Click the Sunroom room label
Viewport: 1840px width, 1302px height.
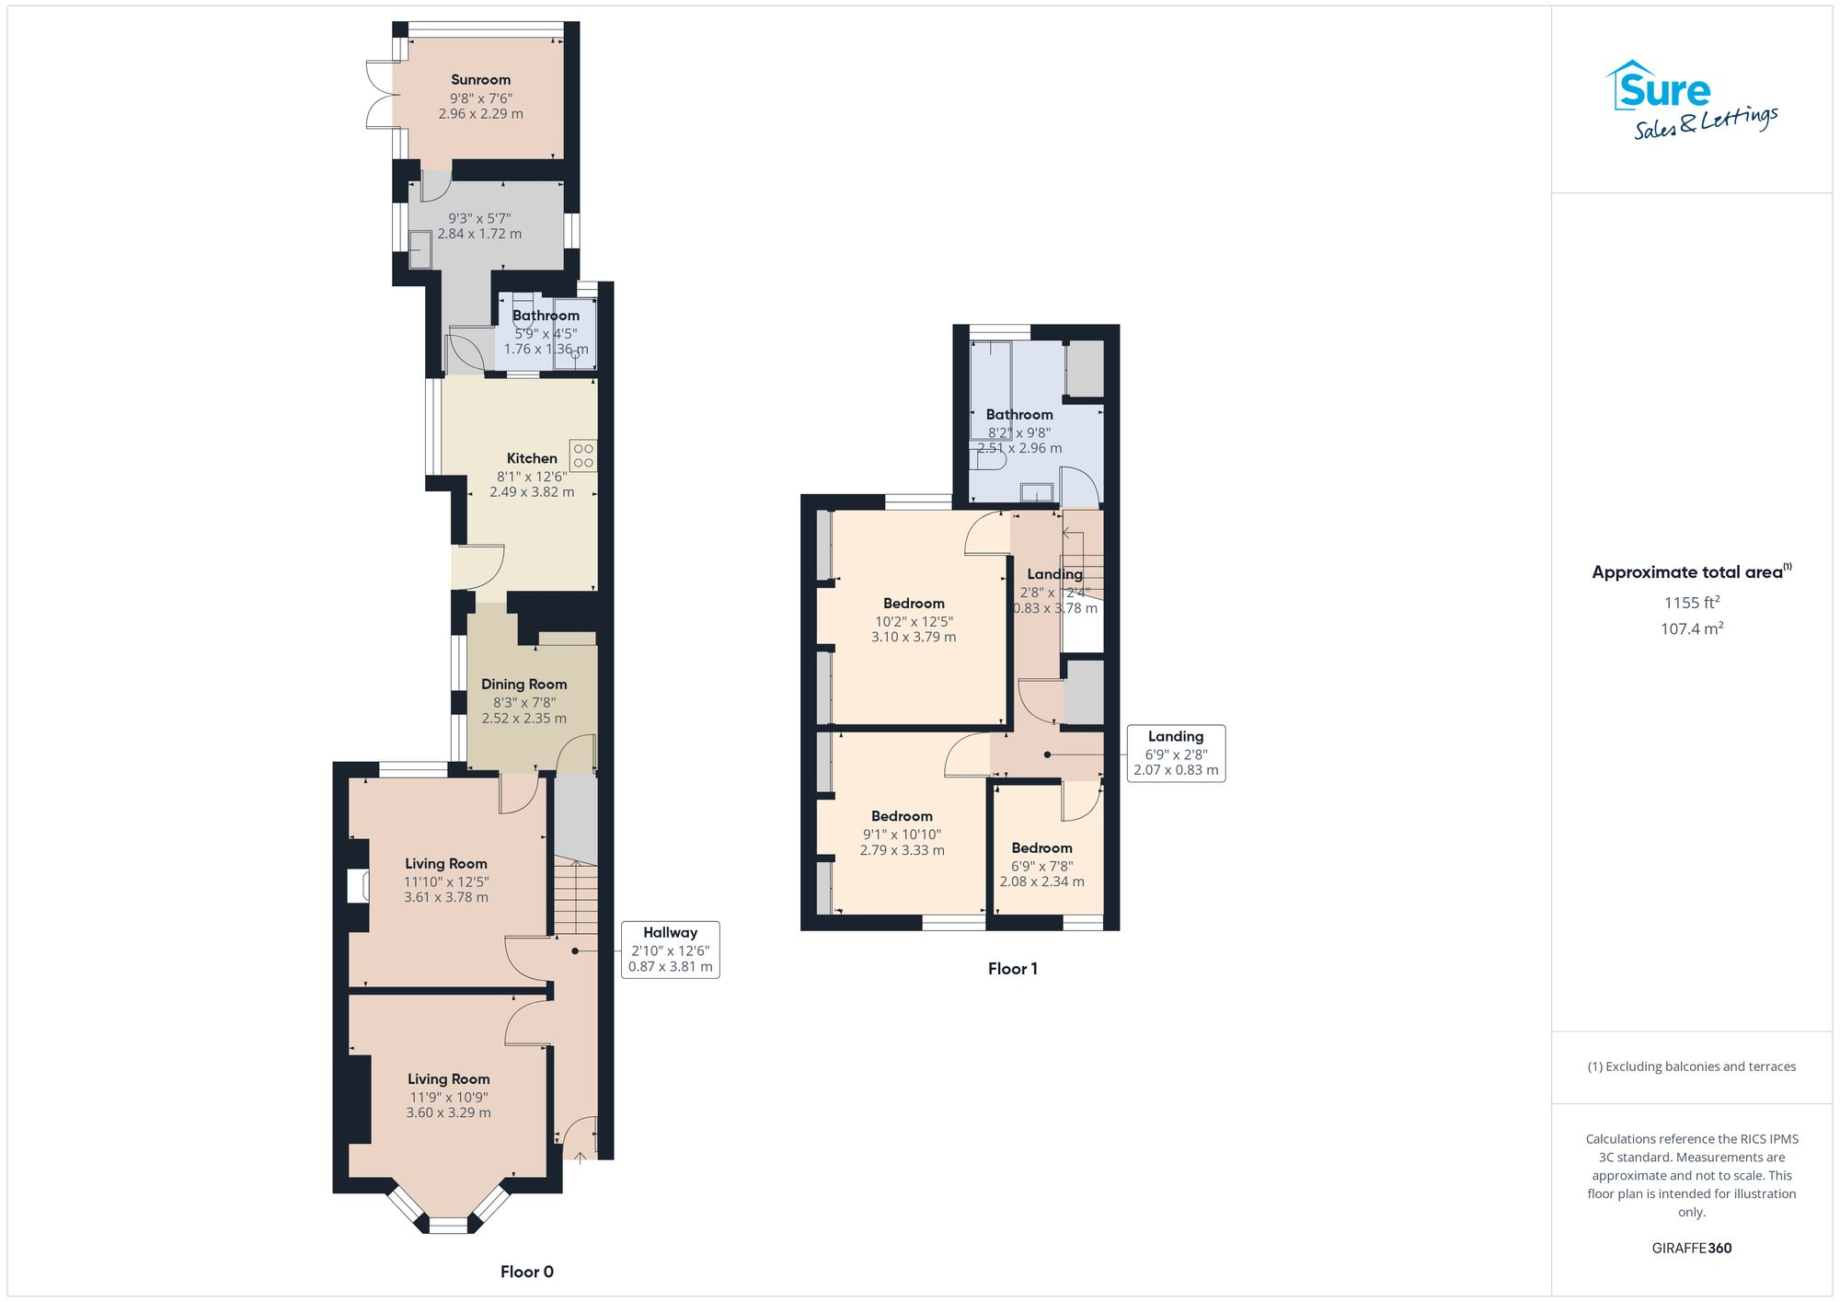[480, 80]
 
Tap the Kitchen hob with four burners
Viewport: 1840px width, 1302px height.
[582, 455]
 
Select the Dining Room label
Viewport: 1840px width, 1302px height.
[523, 684]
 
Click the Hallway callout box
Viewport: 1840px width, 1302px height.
[670, 950]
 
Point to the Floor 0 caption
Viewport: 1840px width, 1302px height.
[526, 1272]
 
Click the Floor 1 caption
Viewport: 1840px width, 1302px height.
[1012, 968]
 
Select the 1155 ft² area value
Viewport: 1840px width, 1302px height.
[1691, 603]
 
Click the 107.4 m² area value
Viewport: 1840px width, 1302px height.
[1691, 629]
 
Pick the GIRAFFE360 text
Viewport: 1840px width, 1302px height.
[1691, 1248]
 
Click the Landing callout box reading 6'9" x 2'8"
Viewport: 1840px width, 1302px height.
[1175, 754]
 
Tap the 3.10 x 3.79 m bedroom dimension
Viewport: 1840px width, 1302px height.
[913, 637]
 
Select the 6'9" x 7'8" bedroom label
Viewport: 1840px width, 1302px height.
[1041, 866]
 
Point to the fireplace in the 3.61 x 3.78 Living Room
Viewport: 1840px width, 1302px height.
[358, 886]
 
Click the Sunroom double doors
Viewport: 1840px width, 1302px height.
[379, 94]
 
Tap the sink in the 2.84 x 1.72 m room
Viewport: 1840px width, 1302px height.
[420, 249]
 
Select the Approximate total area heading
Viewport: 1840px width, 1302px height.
[1691, 572]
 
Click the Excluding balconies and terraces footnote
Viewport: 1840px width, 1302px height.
[1691, 1066]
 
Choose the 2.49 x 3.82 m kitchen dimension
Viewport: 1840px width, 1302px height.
[531, 492]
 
